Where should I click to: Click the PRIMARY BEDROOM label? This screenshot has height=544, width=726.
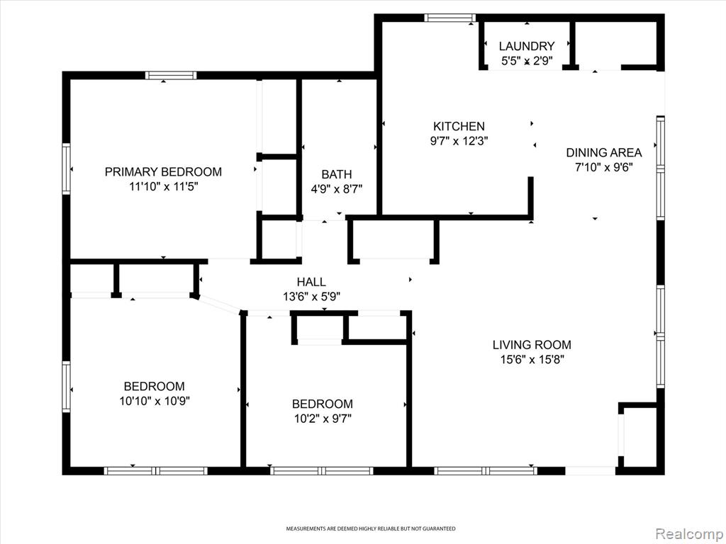coord(163,172)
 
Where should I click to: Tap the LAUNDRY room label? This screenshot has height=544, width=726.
coord(527,46)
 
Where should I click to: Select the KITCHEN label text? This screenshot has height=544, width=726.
coord(459,126)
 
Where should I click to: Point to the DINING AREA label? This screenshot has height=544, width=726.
coord(604,153)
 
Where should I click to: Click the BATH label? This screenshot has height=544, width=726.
coord(337,174)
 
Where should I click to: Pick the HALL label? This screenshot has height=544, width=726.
coord(311,282)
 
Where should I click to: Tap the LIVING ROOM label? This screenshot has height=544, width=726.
coord(532,345)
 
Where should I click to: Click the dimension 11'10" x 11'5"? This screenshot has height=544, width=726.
coord(164,187)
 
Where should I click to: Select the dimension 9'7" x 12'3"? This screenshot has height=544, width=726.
coord(459,141)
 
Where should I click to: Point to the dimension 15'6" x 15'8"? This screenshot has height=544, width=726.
coord(532,359)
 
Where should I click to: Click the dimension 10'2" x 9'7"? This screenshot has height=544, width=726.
coord(323,419)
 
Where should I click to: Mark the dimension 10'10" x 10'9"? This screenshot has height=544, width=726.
coord(155,401)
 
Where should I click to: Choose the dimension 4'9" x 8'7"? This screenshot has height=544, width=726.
coord(337,189)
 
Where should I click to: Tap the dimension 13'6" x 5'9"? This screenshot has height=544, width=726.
coord(312,297)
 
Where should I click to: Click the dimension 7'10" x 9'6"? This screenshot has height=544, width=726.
coord(604,167)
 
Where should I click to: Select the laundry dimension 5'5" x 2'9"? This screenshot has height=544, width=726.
coord(527,61)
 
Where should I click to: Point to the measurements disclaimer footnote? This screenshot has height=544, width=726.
coord(370,528)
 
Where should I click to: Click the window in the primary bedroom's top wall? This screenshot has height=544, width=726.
coord(171,75)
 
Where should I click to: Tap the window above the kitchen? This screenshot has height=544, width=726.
coord(450,18)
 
